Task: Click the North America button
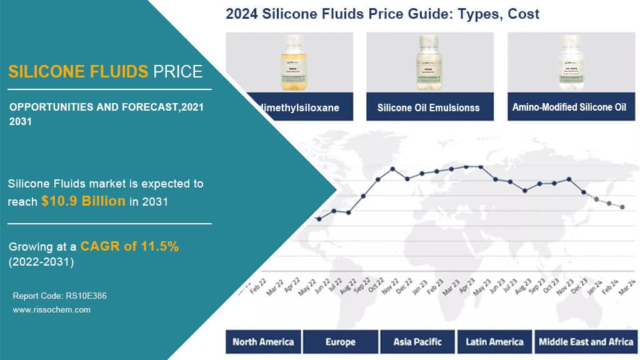(263, 342)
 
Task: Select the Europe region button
(341, 342)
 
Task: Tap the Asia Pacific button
(417, 342)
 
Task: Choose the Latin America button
(494, 342)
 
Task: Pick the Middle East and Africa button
(586, 342)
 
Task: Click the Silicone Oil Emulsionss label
(429, 107)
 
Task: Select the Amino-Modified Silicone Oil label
(569, 107)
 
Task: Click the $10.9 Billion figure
(83, 202)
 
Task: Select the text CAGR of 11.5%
(129, 246)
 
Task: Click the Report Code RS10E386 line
(59, 296)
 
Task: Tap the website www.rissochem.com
(52, 309)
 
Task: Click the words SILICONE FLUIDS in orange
(78, 71)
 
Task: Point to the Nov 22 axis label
(389, 289)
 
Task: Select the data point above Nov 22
(392, 169)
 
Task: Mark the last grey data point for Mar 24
(622, 207)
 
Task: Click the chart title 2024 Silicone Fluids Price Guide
(382, 14)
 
